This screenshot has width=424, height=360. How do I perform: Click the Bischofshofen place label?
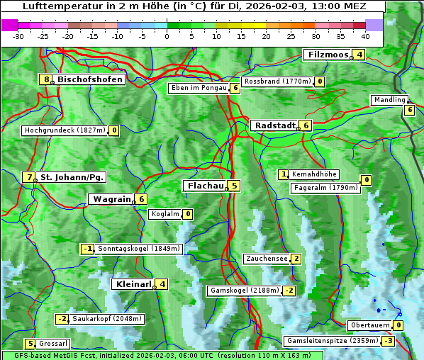(90, 79)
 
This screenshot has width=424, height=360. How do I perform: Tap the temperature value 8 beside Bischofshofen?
(47, 79)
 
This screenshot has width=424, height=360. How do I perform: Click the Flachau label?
(205, 186)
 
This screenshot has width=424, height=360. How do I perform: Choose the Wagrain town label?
(111, 200)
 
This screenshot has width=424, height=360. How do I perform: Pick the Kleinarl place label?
(133, 284)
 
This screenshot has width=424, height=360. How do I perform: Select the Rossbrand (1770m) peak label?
(277, 81)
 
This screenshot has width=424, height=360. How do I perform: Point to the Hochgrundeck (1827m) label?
(65, 130)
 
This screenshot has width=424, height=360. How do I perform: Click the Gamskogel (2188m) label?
(244, 291)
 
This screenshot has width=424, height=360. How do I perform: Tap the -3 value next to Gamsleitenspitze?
(388, 341)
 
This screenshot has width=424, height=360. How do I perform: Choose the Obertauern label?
(370, 325)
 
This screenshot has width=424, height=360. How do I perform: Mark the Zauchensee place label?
(267, 259)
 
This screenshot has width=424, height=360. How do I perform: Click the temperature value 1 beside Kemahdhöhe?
(284, 174)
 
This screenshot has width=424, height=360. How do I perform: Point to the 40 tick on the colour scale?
(366, 36)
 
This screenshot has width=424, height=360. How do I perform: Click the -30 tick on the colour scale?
(18, 36)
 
